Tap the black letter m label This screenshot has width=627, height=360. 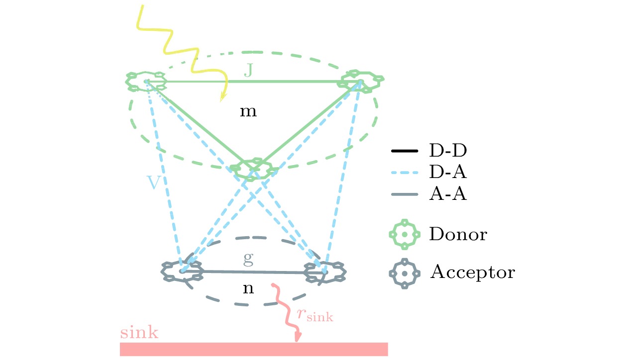[x=248, y=112]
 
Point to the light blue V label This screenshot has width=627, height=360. [x=154, y=183]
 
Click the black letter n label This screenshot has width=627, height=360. [x=248, y=289]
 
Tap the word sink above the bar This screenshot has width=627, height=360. [x=139, y=333]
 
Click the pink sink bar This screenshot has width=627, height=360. [x=254, y=349]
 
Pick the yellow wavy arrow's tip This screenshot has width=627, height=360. [x=220, y=101]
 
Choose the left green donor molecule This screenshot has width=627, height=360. [x=146, y=81]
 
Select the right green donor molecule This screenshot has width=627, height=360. [x=361, y=80]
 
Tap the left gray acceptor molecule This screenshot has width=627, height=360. [x=182, y=271]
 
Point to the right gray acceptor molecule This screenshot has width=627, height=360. [x=324, y=272]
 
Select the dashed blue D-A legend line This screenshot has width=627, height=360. [x=405, y=172]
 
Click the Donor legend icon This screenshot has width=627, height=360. [x=405, y=234]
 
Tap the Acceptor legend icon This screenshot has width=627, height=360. [x=405, y=273]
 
